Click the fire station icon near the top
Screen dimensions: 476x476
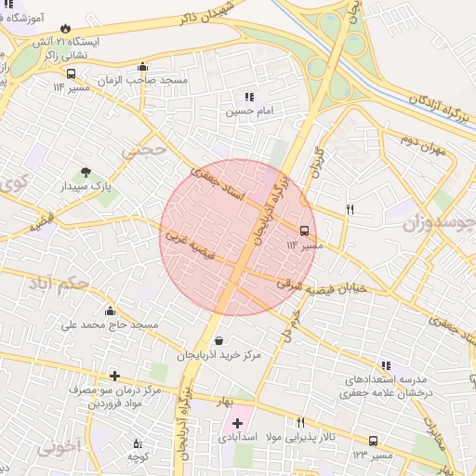[66, 28]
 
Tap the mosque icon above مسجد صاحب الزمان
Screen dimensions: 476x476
[141, 66]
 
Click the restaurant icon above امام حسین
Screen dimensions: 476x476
[248, 97]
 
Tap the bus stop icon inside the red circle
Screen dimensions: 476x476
[304, 231]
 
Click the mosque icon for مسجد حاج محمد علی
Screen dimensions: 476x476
[111, 311]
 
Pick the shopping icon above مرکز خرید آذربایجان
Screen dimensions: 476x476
[218, 341]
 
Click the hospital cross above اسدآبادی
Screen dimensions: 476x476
[238, 423]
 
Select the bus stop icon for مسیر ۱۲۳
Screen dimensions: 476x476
[373, 442]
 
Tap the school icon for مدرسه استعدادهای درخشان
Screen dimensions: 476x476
[385, 366]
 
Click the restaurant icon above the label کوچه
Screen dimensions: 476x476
[138, 444]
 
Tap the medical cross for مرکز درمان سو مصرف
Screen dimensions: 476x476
[114, 376]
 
